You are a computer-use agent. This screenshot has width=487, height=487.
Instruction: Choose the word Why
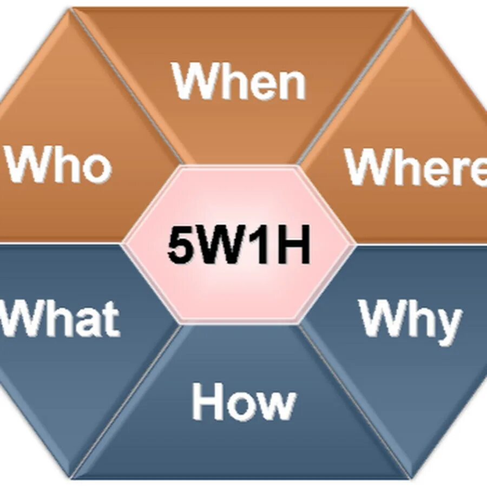pyautogui.click(x=410, y=319)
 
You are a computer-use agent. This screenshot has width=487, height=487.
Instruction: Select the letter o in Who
pyautogui.click(x=96, y=168)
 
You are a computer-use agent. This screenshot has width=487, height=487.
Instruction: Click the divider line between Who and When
pyautogui.click(x=130, y=87)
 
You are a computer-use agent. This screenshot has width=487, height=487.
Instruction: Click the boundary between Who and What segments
pyautogui.click(x=60, y=243)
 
